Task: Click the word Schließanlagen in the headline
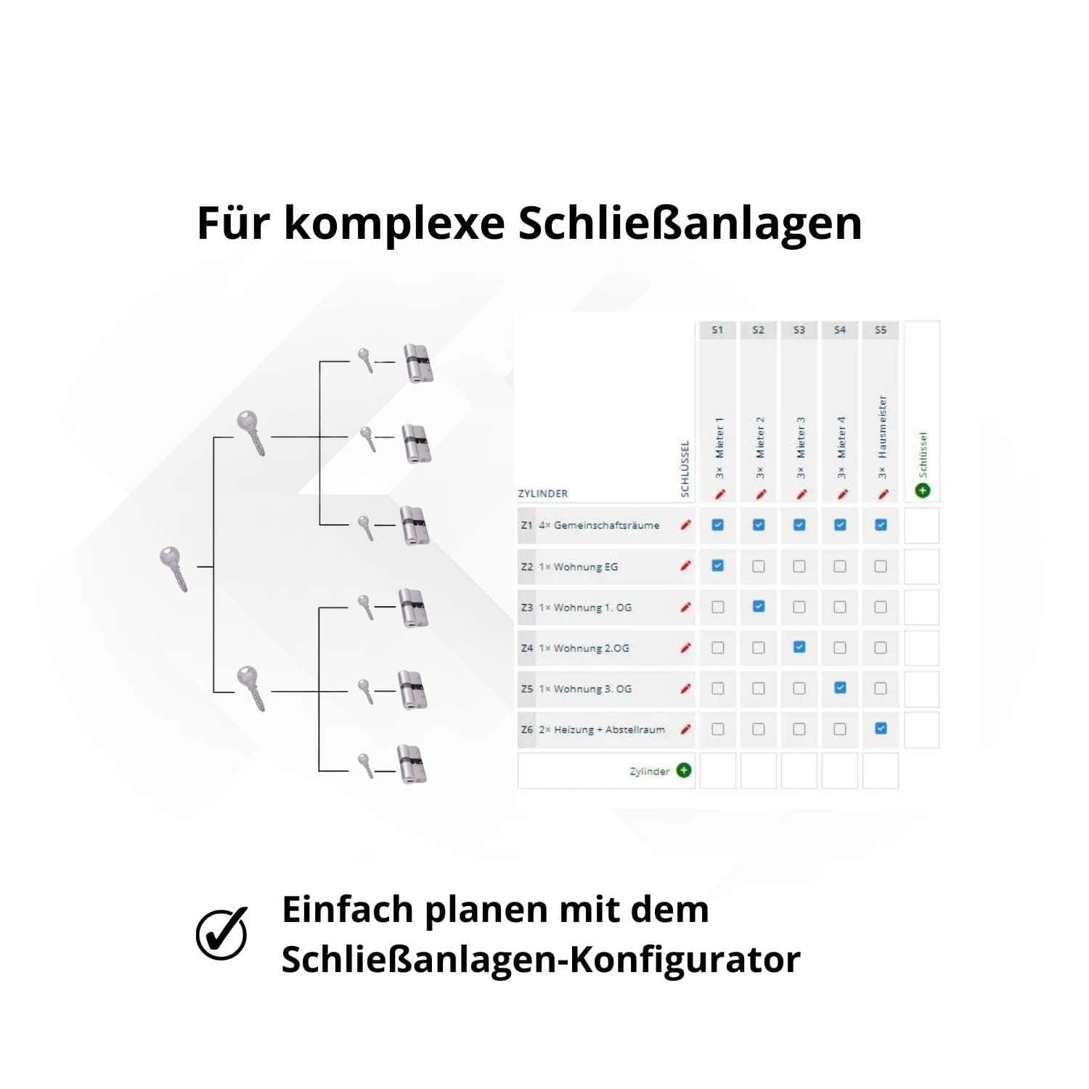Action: (x=690, y=224)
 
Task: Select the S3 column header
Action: (x=799, y=330)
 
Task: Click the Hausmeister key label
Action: (x=882, y=427)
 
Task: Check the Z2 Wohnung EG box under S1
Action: (x=717, y=566)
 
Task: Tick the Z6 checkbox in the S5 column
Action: (x=881, y=728)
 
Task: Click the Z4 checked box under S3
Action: (x=799, y=647)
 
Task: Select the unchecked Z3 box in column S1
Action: (x=717, y=607)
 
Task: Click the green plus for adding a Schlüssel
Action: (x=922, y=490)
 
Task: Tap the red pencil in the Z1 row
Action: (x=685, y=525)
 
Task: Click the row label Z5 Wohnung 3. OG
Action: (x=577, y=688)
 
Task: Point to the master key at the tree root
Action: (x=174, y=569)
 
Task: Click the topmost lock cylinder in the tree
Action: (x=417, y=363)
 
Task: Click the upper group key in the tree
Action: (x=251, y=433)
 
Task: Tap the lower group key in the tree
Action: (x=251, y=688)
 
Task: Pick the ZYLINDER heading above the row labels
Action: (x=543, y=494)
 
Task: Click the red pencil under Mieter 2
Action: (x=760, y=494)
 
